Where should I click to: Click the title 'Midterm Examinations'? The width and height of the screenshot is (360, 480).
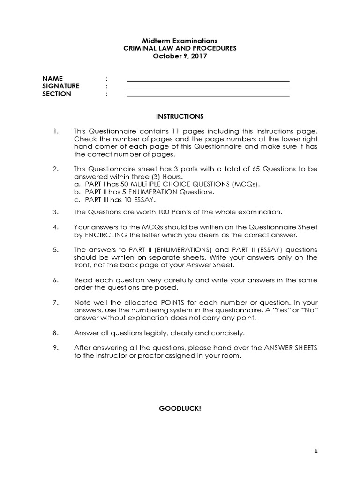click(x=180, y=41)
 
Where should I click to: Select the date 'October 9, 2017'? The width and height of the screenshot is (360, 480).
click(x=180, y=56)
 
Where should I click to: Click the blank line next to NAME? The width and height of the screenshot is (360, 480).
click(x=208, y=80)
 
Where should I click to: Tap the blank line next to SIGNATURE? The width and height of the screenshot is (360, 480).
click(x=208, y=88)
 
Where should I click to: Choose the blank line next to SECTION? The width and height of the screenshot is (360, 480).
click(x=208, y=96)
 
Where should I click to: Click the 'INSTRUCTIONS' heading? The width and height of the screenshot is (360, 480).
click(x=180, y=116)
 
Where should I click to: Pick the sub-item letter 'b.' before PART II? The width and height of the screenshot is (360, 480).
click(x=77, y=192)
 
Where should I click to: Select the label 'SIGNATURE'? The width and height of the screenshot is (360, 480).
click(x=61, y=86)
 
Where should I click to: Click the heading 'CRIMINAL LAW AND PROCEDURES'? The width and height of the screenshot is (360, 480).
click(x=180, y=48)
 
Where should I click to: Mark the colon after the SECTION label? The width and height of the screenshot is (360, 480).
click(x=107, y=94)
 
